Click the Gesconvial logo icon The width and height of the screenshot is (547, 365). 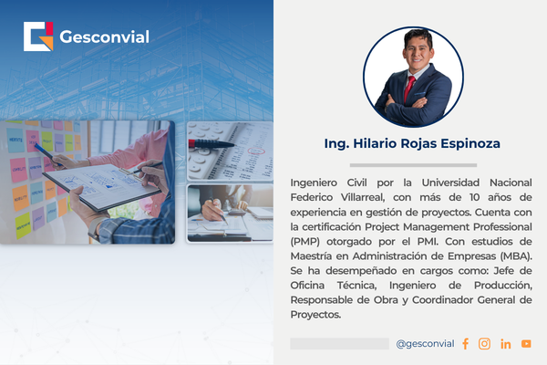[x=38, y=36]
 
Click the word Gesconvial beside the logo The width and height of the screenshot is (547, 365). [x=104, y=37]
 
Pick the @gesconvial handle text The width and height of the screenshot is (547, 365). [x=425, y=344]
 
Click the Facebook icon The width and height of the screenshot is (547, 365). [x=465, y=344]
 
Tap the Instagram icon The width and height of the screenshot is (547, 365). [x=484, y=344]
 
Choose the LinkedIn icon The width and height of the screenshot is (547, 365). [x=505, y=344]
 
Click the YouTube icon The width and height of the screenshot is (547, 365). [x=526, y=344]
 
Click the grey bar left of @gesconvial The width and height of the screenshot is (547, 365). [x=339, y=344]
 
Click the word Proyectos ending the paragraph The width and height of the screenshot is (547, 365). [x=315, y=315]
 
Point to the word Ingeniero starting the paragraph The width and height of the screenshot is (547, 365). [x=315, y=182]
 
